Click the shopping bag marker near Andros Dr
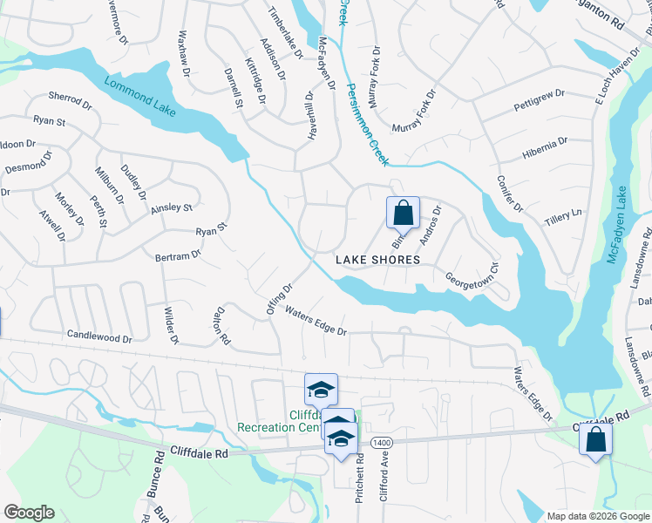404,213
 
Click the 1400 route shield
380,443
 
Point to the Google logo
29,513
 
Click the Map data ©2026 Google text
598,516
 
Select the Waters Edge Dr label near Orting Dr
316,321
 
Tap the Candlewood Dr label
99,336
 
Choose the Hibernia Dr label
545,146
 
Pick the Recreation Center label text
279,427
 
